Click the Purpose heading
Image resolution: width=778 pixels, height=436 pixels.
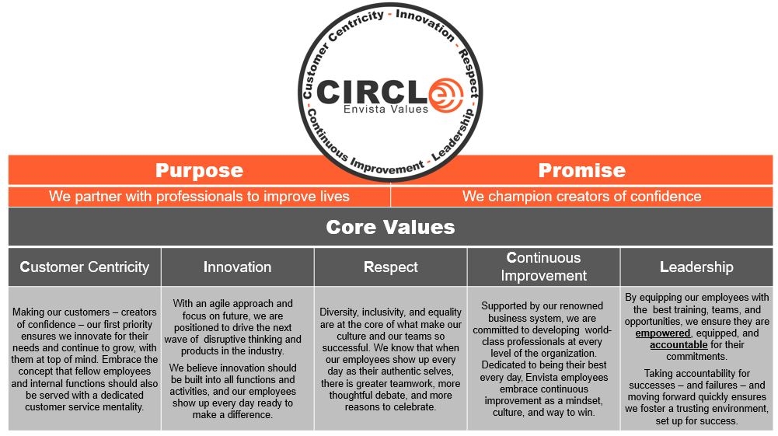point(199,170)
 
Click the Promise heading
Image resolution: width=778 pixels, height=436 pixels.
point(581,170)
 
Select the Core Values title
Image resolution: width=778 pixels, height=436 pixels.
point(390,228)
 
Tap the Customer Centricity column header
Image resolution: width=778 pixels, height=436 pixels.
point(85,267)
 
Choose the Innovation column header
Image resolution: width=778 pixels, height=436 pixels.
point(237,267)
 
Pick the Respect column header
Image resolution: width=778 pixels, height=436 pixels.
point(391,267)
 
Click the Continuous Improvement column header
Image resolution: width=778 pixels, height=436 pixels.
point(543,267)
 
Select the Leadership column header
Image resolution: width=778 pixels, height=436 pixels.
point(696,267)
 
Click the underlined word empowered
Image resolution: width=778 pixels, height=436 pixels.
point(662,333)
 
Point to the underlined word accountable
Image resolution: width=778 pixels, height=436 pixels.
point(679,344)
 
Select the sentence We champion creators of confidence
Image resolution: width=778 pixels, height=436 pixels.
point(581,197)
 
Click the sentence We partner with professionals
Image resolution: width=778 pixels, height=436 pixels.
point(199,197)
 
